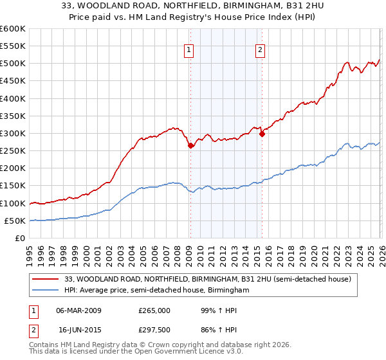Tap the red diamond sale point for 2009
pyautogui.click(x=190, y=145)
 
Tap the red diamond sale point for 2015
pyautogui.click(x=262, y=134)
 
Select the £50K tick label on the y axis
pyautogui.click(x=15, y=221)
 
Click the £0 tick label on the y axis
pyautogui.click(x=21, y=239)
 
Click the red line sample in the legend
pyautogui.click(x=46, y=280)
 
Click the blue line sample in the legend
pyautogui.click(x=46, y=291)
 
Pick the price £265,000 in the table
pyautogui.click(x=154, y=310)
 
